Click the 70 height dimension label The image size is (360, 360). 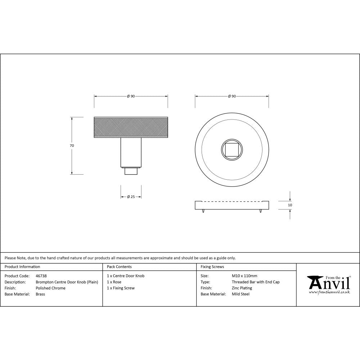coord(72,146)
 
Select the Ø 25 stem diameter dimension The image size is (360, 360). coord(131,197)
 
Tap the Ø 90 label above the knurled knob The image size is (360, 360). coord(131,96)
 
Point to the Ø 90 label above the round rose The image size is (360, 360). coord(232,96)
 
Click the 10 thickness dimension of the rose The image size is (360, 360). coord(290,205)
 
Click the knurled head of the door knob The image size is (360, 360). coord(131,128)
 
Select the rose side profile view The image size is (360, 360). coord(232,205)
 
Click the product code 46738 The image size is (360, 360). coord(41,276)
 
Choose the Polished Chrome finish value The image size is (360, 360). coord(51,288)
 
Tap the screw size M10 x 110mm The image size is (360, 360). coord(244,276)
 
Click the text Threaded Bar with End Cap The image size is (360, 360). coord(256,282)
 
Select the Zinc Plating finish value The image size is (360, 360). coord(242,288)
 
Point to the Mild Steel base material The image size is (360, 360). coord(240,294)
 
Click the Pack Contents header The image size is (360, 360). coord(119,267)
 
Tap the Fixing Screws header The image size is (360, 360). coord(212,267)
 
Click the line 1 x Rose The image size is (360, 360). coord(114,282)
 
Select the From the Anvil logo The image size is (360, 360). coord(328,284)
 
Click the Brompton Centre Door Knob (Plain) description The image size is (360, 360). coord(67,282)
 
